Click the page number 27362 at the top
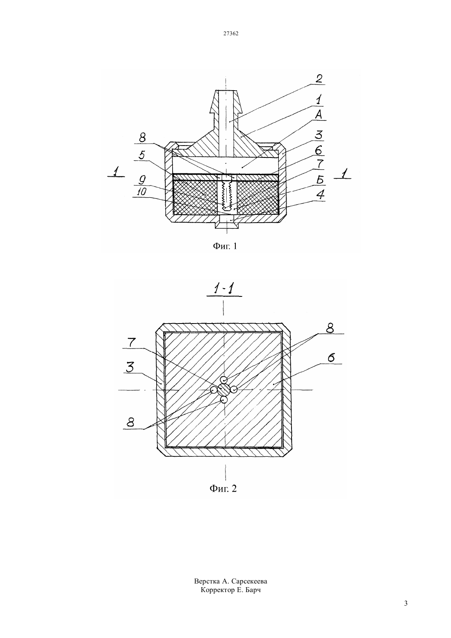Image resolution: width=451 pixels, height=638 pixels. tap(230, 33)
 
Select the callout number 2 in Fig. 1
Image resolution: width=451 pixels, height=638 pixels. tap(319, 79)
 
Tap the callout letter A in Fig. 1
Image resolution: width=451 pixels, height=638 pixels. tap(319, 114)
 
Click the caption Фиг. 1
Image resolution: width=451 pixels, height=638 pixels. tap(225, 246)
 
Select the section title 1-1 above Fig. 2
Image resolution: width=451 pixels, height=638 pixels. tap(223, 289)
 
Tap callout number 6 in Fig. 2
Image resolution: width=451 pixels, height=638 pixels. tap(331, 358)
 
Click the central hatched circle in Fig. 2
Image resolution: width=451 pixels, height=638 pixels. tap(224, 390)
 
